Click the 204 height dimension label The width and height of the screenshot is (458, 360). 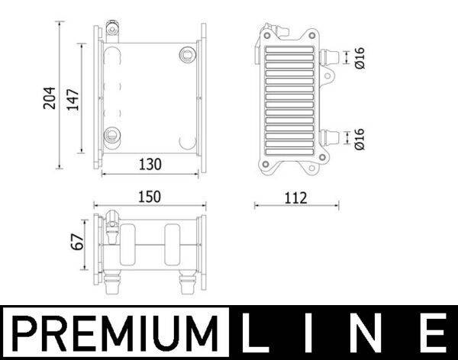[50, 96]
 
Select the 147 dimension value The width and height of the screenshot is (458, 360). [73, 98]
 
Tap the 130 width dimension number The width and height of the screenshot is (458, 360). [150, 163]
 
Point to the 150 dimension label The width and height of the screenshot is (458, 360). [148, 196]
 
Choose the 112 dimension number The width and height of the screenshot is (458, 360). [295, 198]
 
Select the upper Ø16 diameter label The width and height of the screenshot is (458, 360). [360, 57]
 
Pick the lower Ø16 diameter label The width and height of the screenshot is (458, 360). [360, 138]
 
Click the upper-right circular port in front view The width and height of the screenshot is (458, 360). [185, 53]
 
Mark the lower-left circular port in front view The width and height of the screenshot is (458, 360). [113, 135]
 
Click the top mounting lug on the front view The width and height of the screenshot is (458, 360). [113, 31]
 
